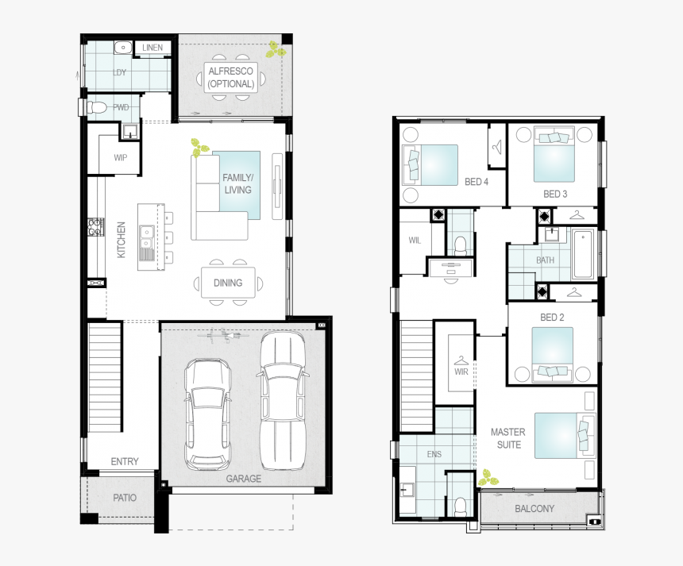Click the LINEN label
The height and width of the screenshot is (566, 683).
(x=152, y=48)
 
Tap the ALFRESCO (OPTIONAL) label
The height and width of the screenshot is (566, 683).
(x=230, y=78)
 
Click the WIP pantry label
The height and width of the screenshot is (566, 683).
(x=120, y=157)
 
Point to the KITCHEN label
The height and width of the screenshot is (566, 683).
(x=122, y=239)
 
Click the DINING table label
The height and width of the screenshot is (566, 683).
(x=228, y=283)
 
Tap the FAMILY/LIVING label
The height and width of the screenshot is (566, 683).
(x=237, y=184)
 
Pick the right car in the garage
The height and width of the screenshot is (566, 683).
(x=282, y=400)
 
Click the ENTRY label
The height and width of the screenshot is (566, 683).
(x=125, y=461)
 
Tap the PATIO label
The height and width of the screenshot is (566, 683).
(x=124, y=498)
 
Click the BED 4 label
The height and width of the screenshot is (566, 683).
(x=476, y=182)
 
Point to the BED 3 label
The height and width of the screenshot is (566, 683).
(x=555, y=194)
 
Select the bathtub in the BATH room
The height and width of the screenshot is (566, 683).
(x=582, y=254)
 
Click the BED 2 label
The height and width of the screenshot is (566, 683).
(x=552, y=318)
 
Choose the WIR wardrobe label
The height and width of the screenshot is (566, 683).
(x=461, y=371)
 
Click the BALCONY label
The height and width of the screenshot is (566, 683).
(x=535, y=508)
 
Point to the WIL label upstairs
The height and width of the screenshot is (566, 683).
(x=415, y=241)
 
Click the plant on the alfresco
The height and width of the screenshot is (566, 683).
(x=276, y=50)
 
